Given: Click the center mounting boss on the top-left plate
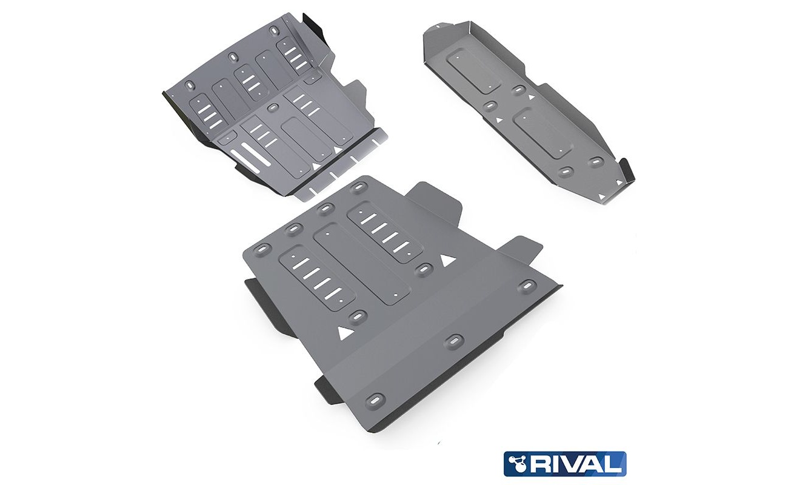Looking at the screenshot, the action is point(272,108).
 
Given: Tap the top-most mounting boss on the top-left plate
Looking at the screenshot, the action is point(273,32).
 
